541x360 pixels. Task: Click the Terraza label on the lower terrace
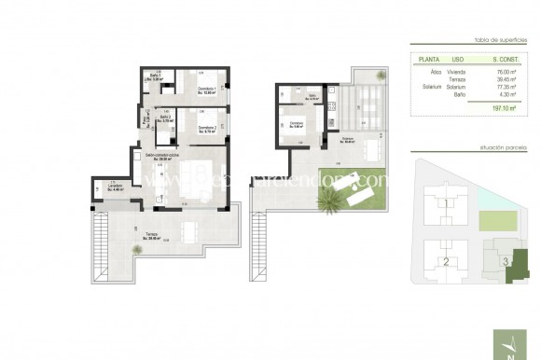click(x=154, y=238)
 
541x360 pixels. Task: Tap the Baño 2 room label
click(x=168, y=119)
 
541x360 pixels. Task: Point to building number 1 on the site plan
click(x=446, y=203)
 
